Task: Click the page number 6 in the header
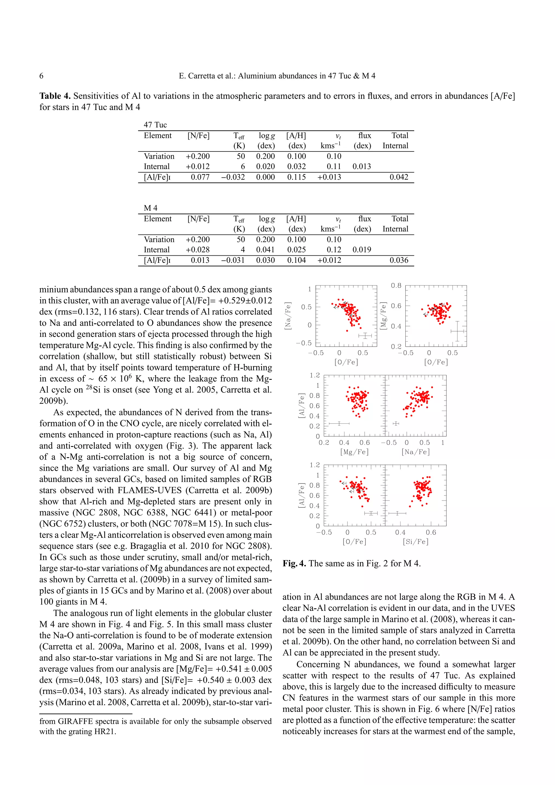click(41, 76)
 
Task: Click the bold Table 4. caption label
click(55, 96)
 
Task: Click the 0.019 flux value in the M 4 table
click(362, 250)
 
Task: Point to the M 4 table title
click(150, 208)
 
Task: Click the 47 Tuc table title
click(155, 125)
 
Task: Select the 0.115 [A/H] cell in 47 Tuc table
click(296, 177)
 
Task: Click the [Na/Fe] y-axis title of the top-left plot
click(288, 316)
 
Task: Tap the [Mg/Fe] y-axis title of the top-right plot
click(383, 316)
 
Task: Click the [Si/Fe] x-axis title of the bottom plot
click(415, 541)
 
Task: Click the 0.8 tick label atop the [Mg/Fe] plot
click(396, 286)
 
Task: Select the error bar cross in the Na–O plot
click(365, 336)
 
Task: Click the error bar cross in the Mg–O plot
click(457, 331)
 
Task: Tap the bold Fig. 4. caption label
click(294, 563)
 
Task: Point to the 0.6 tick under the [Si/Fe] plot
click(431, 532)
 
